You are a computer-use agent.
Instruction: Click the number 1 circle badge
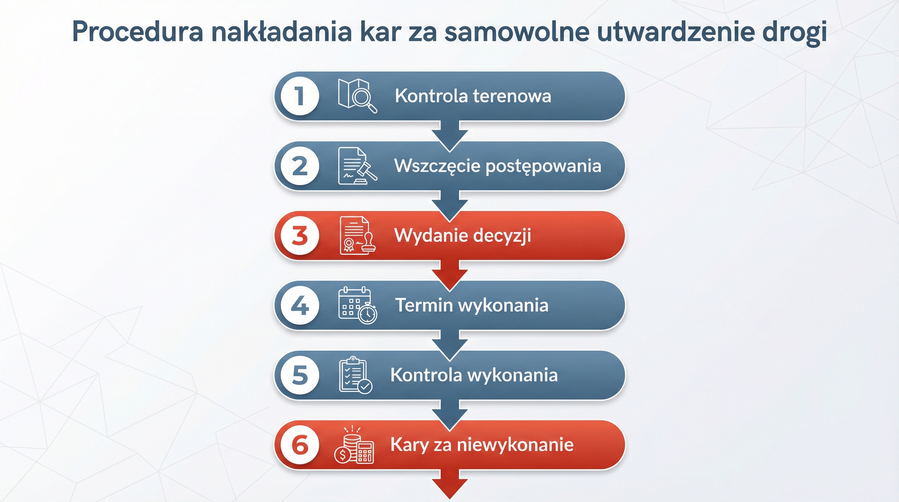pyautogui.click(x=300, y=96)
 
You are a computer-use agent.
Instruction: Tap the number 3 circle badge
pyautogui.click(x=300, y=236)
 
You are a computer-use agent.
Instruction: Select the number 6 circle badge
pyautogui.click(x=300, y=445)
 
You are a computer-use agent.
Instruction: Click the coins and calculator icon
pyautogui.click(x=354, y=445)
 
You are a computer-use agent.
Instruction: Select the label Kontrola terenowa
pyautogui.click(x=473, y=96)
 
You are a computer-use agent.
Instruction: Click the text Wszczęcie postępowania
pyautogui.click(x=498, y=166)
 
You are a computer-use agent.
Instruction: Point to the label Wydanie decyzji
pyautogui.click(x=463, y=236)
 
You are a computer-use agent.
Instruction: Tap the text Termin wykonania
pyautogui.click(x=471, y=306)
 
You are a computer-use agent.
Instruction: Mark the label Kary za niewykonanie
pyautogui.click(x=482, y=445)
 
